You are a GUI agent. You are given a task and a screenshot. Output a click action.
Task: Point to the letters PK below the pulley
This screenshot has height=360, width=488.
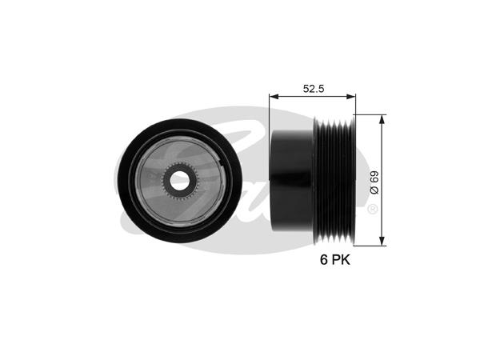pyautogui.click(x=340, y=261)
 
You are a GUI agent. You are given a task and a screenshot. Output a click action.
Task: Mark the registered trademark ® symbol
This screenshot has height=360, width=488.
pyautogui.click(x=373, y=210)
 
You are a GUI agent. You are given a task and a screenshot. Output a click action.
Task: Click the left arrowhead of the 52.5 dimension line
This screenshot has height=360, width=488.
pyautogui.click(x=272, y=96)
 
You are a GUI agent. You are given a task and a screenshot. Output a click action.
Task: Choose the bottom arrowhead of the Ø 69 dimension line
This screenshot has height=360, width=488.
pyautogui.click(x=382, y=241)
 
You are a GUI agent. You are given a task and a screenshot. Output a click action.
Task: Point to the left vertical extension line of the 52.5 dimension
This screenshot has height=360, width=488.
pyautogui.click(x=269, y=112)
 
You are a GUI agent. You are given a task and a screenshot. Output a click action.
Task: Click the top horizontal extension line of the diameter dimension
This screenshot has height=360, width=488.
pyautogui.click(x=370, y=114)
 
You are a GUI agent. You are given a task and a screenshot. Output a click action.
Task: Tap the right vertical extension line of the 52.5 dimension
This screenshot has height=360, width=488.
pyautogui.click(x=356, y=104)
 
